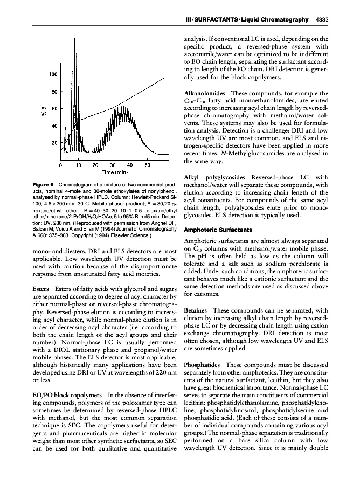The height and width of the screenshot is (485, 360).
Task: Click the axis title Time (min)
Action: click(x=114, y=172)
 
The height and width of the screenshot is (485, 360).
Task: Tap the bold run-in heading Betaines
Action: click(x=197, y=311)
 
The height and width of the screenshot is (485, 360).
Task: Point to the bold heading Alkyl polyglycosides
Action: click(x=217, y=177)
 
